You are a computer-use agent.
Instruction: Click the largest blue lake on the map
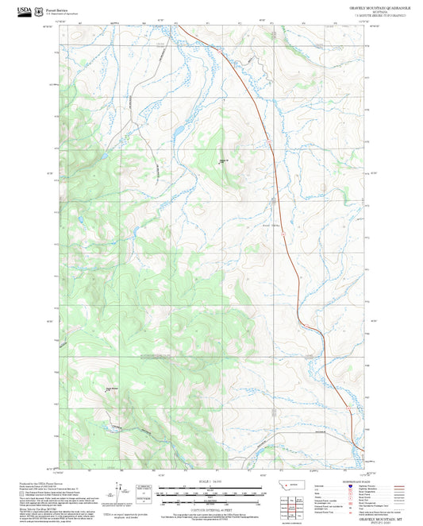click(179, 128)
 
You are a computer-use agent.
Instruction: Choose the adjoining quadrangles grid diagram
click(294, 505)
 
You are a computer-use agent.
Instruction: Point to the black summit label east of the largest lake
click(224, 161)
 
